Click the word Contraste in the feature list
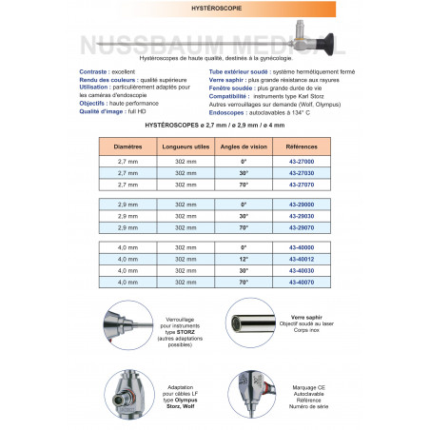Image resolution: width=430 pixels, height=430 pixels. (x=95, y=71)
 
